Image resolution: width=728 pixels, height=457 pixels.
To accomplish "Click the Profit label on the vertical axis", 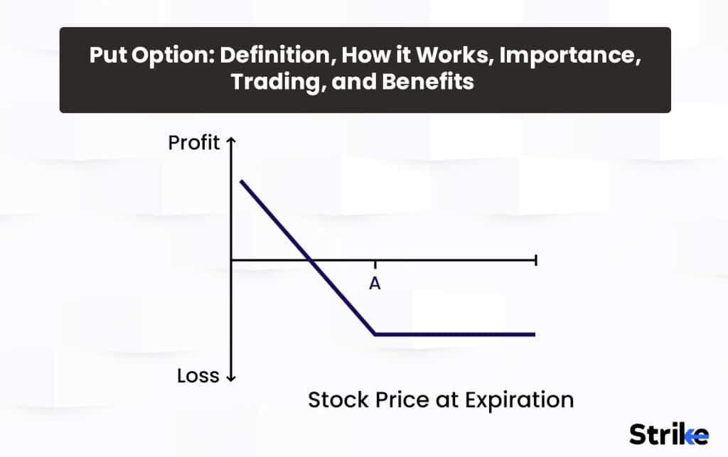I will pos(193,143).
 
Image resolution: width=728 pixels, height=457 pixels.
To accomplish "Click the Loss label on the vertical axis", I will pos(198,376).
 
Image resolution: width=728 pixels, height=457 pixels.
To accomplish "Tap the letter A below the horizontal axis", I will pos(375,284).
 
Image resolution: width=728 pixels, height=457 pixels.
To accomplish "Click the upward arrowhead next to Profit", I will pos(230,141).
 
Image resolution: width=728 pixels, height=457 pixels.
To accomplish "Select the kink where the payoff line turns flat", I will pos(375,333).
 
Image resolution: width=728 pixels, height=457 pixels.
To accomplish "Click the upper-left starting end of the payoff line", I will pos(242,181).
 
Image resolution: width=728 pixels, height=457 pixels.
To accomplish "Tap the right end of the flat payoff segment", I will pos(533,333).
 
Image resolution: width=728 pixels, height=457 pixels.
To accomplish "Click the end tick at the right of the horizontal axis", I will pos(535,261).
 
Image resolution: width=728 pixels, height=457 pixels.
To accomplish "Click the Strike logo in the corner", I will pos(668,433).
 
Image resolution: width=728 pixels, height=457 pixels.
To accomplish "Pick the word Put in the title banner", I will pos(105,56).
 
